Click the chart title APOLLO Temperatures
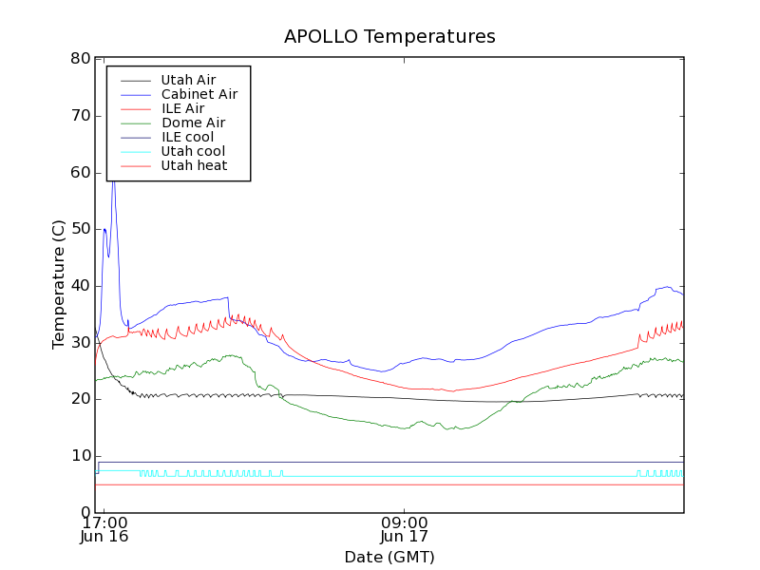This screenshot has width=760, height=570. pyautogui.click(x=389, y=37)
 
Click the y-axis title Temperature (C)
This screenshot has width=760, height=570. pyautogui.click(x=59, y=285)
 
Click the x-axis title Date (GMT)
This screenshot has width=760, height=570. pyautogui.click(x=389, y=557)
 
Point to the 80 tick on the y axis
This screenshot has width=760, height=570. pyautogui.click(x=80, y=59)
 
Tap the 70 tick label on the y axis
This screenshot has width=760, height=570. pyautogui.click(x=80, y=116)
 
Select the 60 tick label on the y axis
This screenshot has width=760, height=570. pyautogui.click(x=80, y=173)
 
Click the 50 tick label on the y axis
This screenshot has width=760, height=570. pyautogui.click(x=80, y=229)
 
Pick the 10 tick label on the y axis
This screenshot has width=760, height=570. pyautogui.click(x=80, y=456)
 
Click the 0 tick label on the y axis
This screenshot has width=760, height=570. pyautogui.click(x=85, y=513)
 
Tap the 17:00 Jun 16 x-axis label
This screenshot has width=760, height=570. pyautogui.click(x=104, y=528)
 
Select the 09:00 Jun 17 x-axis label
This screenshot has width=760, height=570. pyautogui.click(x=405, y=528)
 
